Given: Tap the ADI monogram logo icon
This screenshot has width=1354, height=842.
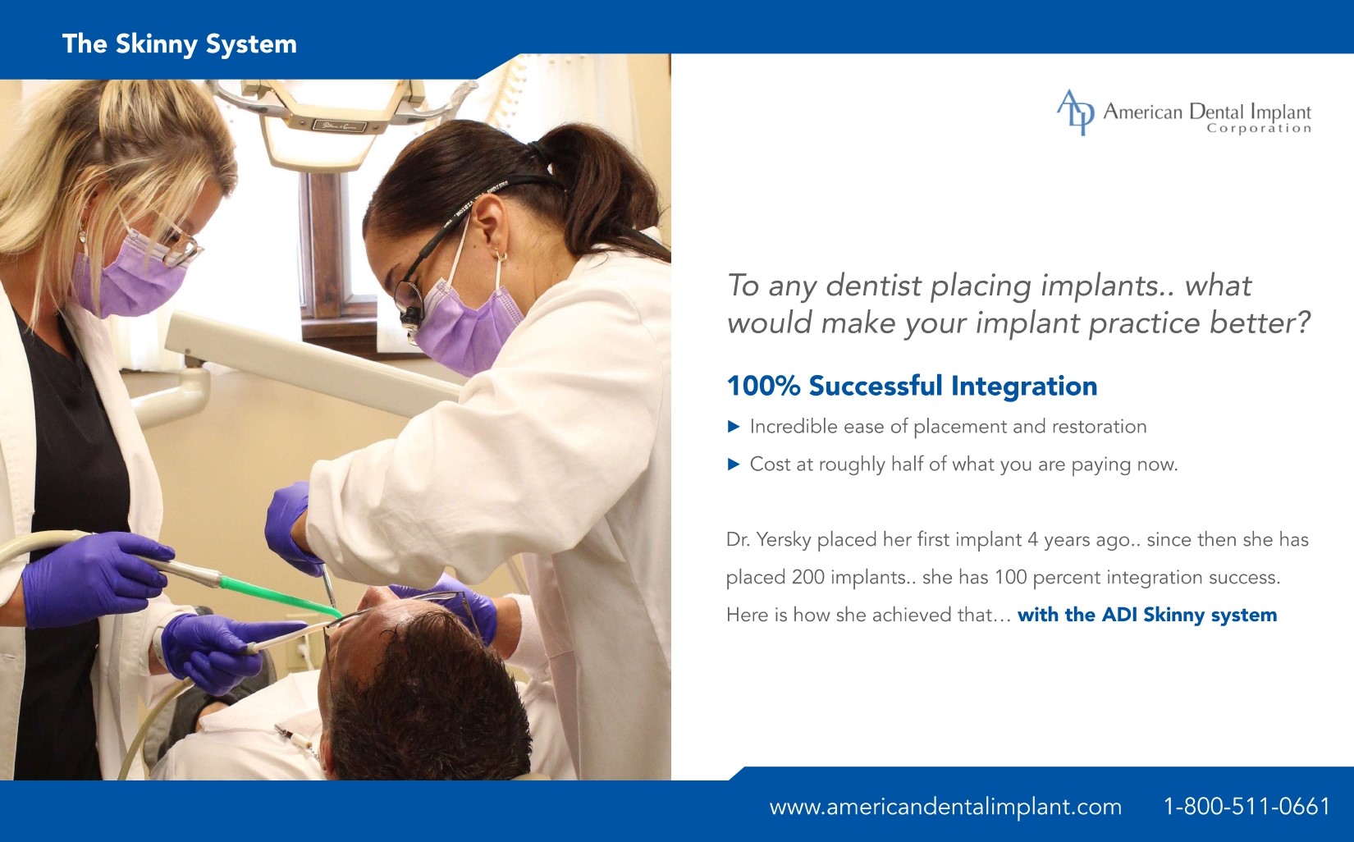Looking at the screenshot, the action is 1075,112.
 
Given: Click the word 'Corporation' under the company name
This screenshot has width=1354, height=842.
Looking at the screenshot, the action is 1259,129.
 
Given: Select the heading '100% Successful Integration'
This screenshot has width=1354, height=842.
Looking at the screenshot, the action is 912,387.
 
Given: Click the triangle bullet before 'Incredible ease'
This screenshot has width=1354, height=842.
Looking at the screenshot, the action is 734,428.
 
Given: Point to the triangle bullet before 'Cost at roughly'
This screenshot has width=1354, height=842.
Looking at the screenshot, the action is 734,464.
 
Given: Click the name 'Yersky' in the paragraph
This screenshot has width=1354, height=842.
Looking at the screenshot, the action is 784,540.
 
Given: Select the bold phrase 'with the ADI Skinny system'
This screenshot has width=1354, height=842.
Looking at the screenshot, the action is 1147,615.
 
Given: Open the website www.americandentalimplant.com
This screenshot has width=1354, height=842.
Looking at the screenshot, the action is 945,808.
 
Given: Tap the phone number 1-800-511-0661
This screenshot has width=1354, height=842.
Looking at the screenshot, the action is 1247,807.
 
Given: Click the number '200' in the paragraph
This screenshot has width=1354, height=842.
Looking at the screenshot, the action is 808,577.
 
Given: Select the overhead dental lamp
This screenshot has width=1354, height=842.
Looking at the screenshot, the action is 338,121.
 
